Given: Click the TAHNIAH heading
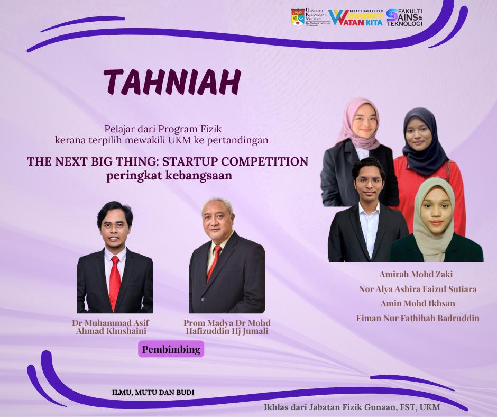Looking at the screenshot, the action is click(172, 82).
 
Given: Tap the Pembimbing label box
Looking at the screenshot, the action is click(171, 349).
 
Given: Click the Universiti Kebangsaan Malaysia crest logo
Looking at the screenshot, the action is click(298, 17).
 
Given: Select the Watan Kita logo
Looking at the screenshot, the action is click(356, 17).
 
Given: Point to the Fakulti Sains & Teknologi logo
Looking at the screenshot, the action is click(404, 17).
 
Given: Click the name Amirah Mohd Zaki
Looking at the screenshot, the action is click(416, 274).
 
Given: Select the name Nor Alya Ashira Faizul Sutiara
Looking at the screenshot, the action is click(418, 289).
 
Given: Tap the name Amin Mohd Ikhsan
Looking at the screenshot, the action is click(418, 303).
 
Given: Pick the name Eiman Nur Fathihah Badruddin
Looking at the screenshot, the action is click(418, 318).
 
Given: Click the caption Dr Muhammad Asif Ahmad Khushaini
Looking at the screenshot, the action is click(111, 327).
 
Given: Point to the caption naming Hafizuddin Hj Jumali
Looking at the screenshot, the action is click(227, 327).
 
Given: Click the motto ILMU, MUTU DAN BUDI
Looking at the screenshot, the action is click(153, 392).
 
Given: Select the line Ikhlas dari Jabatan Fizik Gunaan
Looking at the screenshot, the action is click(352, 407).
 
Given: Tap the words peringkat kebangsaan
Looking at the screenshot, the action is click(169, 176).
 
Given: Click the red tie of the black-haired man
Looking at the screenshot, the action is click(114, 282).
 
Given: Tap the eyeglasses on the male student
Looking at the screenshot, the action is click(369, 181).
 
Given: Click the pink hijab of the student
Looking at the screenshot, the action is click(357, 124).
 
